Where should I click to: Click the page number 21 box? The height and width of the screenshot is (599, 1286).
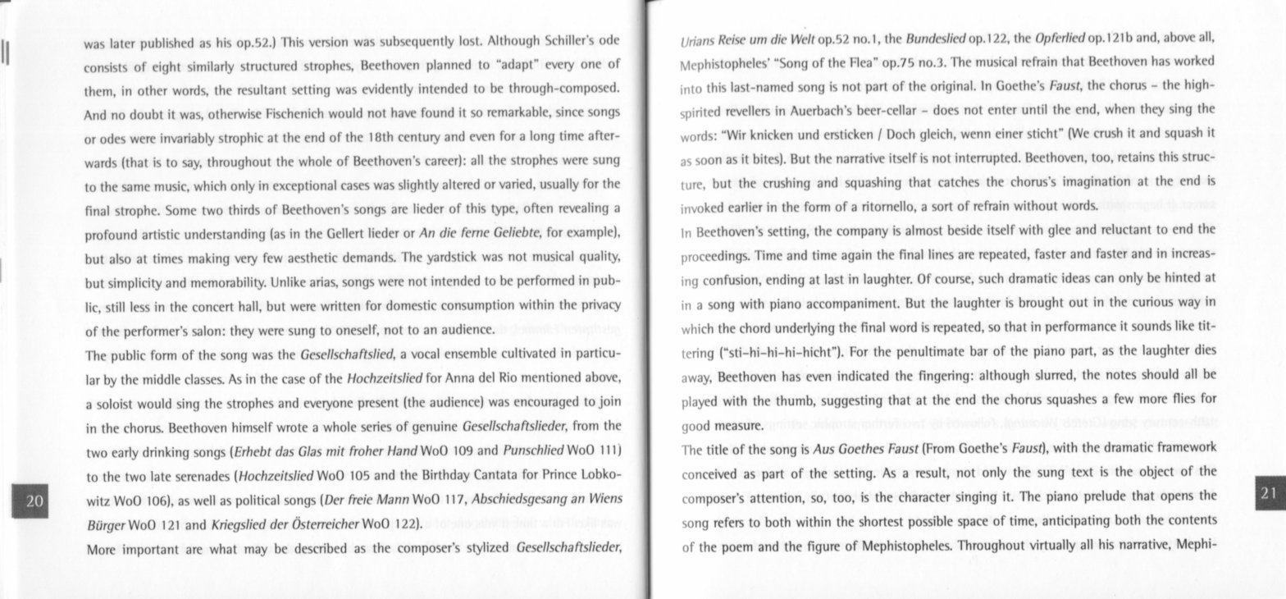click(x=1268, y=492)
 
